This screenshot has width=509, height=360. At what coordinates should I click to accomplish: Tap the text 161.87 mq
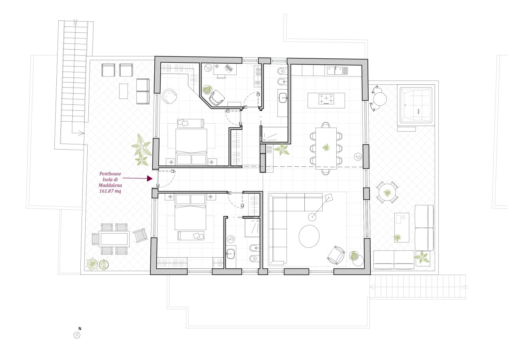point(110,191)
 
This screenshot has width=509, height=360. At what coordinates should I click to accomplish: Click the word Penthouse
point(110,174)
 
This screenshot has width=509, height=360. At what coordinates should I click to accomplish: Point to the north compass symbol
point(77,335)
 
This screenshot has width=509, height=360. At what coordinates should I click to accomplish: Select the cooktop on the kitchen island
point(326,99)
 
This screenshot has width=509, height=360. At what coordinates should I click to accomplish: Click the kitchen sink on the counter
point(335,71)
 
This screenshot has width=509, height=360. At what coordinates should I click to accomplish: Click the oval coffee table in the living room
point(309,236)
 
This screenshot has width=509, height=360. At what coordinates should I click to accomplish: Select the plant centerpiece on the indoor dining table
point(326,148)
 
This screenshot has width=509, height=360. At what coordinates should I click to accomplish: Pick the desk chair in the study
point(217,98)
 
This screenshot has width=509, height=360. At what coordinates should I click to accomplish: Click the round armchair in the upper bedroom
point(170,96)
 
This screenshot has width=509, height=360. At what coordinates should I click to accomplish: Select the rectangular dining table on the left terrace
point(114,239)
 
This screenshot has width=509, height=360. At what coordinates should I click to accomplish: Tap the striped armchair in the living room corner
point(336,255)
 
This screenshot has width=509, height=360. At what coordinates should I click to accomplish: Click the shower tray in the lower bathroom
point(252,228)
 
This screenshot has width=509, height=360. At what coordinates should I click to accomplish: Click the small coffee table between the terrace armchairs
point(124,91)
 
